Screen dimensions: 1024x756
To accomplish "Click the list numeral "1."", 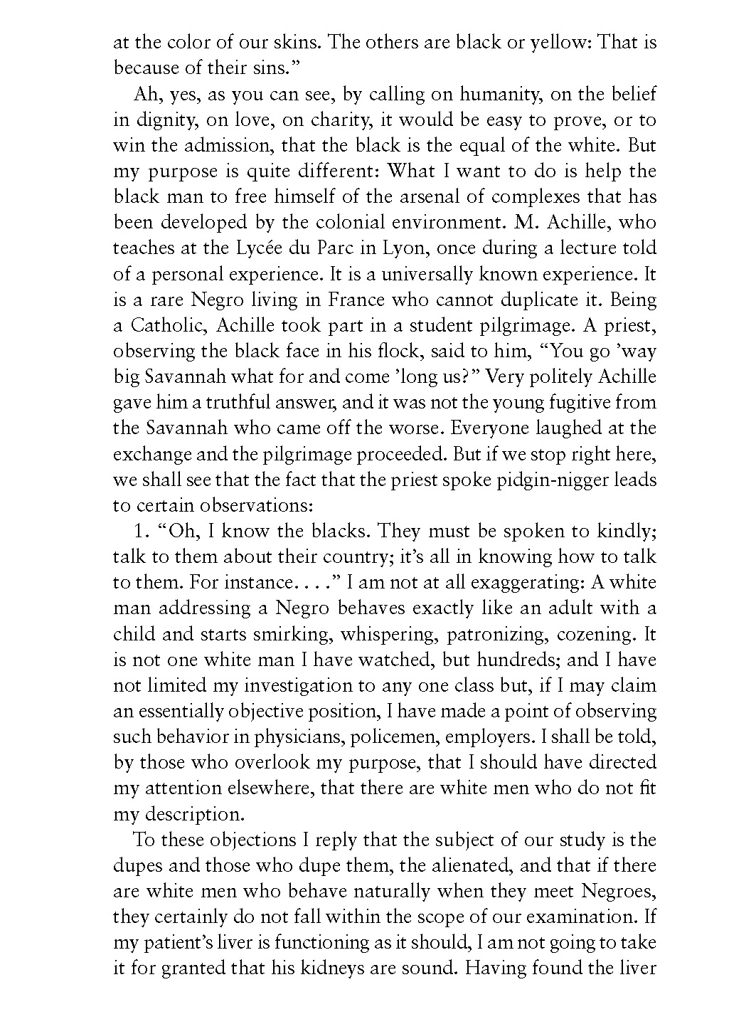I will (141, 531).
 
